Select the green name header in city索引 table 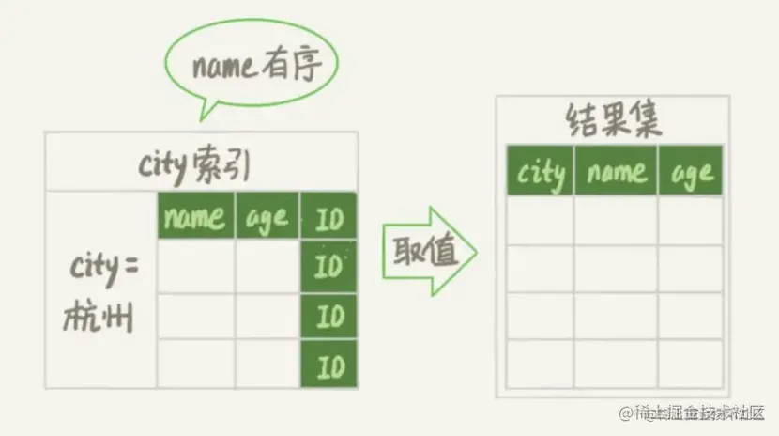[x=194, y=217]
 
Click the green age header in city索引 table [x=266, y=217]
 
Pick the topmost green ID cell [x=328, y=219]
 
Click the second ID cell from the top [x=328, y=268]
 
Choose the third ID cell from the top [x=328, y=317]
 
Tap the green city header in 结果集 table [x=541, y=171]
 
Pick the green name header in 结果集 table [x=616, y=171]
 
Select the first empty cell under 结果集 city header [x=541, y=220]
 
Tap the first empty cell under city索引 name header [x=194, y=268]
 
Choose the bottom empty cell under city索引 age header [x=266, y=364]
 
